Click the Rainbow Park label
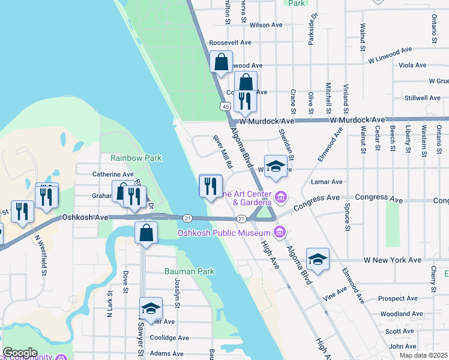[136, 158]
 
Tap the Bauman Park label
[190, 271]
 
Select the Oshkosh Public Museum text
[224, 232]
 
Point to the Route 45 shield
[224, 106]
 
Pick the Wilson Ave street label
[266, 25]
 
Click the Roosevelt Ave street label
[230, 43]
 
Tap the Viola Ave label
[412, 65]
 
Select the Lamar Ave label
[327, 182]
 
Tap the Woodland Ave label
[402, 314]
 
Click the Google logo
[20, 353]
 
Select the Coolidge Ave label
[170, 338]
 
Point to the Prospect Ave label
[398, 298]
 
